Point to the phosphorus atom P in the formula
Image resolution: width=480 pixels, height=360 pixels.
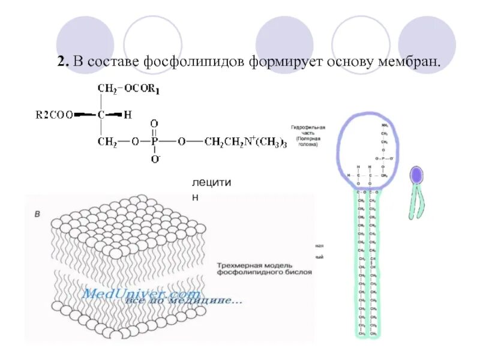[154, 142]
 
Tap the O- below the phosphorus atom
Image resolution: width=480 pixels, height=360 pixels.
[155, 160]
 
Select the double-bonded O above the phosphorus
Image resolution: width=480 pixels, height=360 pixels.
[154, 124]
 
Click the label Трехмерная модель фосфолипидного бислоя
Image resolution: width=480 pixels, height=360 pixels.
[264, 268]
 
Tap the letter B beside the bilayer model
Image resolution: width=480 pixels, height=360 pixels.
[37, 214]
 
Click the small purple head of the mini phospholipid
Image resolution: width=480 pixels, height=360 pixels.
[416, 175]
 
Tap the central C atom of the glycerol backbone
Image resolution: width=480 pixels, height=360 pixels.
[103, 114]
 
